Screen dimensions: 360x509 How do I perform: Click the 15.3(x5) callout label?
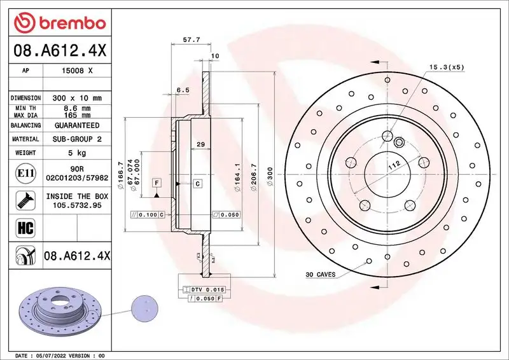click(447, 67)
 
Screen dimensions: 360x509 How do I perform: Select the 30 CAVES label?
click(321, 275)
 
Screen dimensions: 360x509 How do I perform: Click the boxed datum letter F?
click(156, 183)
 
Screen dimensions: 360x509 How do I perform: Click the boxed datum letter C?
click(197, 183)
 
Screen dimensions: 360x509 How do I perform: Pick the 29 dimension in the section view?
click(200, 145)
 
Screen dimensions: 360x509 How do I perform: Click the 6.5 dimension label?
click(183, 90)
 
